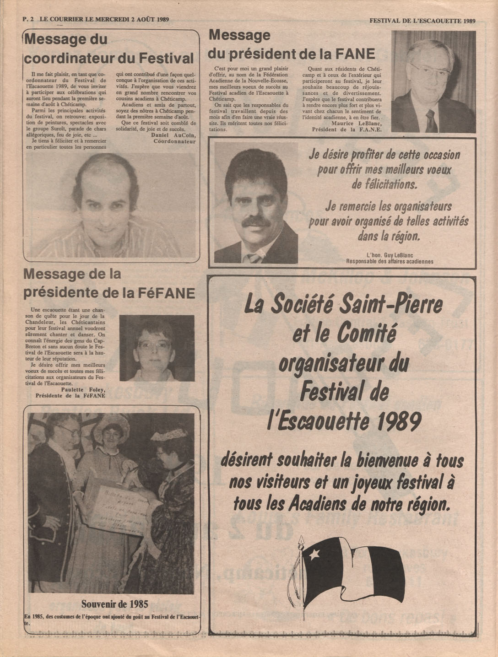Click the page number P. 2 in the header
[28, 20]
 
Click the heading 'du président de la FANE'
[291, 54]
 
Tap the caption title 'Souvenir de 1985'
[114, 604]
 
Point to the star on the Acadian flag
[315, 555]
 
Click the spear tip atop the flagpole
[301, 541]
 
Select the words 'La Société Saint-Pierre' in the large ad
[343, 305]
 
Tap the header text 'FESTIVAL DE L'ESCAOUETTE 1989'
[422, 21]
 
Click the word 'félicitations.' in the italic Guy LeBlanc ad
[384, 184]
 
